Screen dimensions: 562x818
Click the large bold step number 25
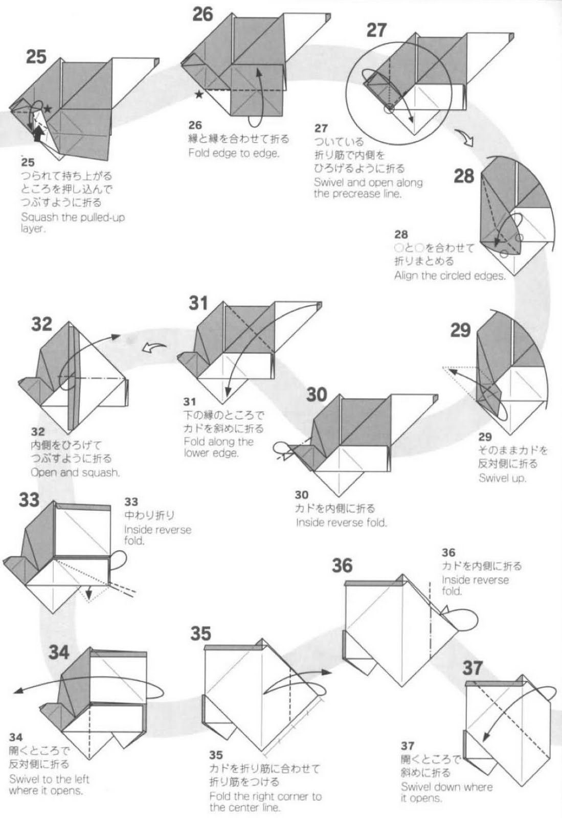click(x=36, y=57)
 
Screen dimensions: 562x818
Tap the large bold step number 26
click(x=203, y=15)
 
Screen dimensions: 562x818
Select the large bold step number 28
click(x=464, y=176)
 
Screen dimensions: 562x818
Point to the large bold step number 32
click(x=41, y=324)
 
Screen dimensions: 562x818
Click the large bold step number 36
click(x=342, y=565)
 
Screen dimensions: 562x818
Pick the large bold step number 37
click(x=473, y=668)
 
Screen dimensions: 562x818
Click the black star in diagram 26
click(x=199, y=95)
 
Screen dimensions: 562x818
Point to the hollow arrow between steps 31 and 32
click(x=154, y=347)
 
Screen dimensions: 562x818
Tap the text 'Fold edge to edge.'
click(x=234, y=153)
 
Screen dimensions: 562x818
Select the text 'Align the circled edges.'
click(x=450, y=276)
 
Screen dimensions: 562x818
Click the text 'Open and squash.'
click(x=75, y=472)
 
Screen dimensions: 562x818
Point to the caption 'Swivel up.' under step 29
click(x=503, y=478)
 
